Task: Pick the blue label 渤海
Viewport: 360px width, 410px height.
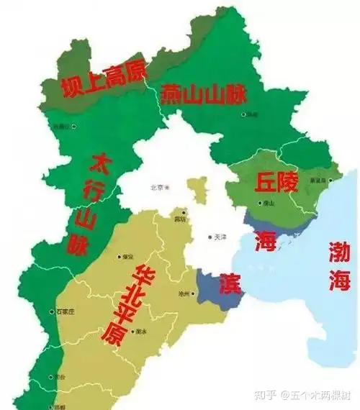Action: [x=339, y=265]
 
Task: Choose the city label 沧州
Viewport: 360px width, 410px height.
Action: [x=184, y=294]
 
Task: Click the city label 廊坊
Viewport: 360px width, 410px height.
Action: [x=179, y=218]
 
